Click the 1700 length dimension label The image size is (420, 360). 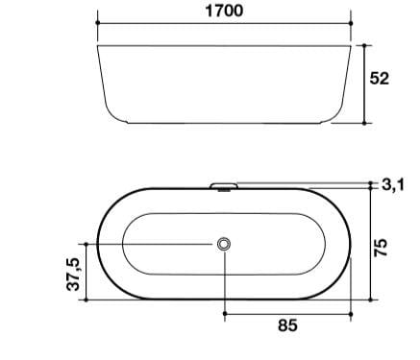click(x=223, y=12)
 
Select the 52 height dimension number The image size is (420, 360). click(x=380, y=79)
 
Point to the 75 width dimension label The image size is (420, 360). click(x=383, y=247)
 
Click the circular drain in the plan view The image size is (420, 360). click(x=225, y=245)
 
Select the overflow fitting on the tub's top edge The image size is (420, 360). click(x=224, y=183)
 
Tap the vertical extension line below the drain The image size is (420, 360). click(x=225, y=283)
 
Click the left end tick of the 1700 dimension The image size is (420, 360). click(x=100, y=27)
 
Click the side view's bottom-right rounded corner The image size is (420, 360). click(x=337, y=115)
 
